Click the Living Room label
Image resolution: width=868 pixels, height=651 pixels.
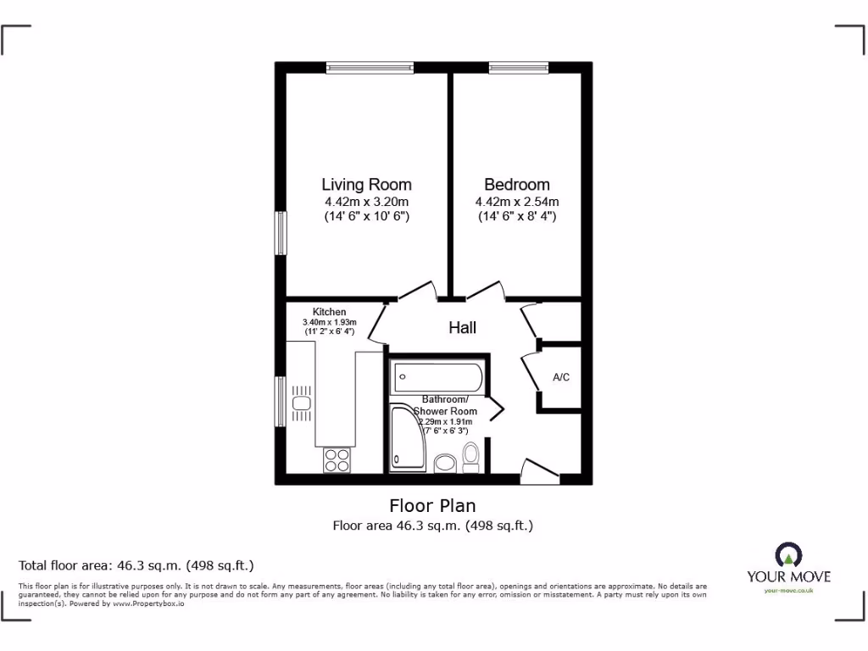(x=366, y=184)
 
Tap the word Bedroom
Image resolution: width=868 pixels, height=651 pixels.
(x=516, y=184)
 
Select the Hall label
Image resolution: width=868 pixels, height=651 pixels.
(x=462, y=327)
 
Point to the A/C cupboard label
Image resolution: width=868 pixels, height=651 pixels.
(x=560, y=377)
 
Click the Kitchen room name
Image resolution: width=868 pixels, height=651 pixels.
(x=329, y=312)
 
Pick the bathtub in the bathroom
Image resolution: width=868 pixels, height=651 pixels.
(x=437, y=376)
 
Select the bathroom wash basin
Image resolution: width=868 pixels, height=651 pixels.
(x=445, y=463)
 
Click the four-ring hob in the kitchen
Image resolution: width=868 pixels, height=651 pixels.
(x=337, y=459)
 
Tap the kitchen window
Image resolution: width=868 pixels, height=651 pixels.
(x=280, y=401)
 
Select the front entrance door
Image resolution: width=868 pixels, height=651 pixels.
(x=540, y=471)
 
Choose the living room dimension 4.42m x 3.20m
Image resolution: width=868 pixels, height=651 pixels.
(x=366, y=202)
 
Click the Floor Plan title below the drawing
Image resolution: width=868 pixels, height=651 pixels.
(x=432, y=506)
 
